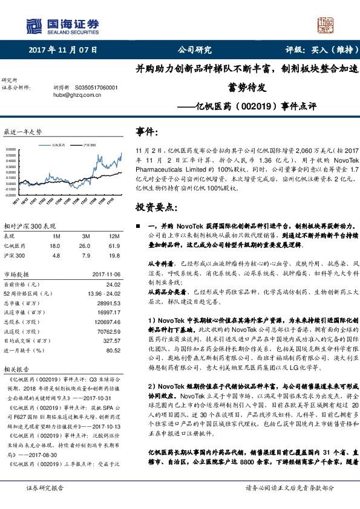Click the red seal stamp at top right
pyautogui.click(x=326, y=27)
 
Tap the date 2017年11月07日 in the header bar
pyautogui.click(x=63, y=51)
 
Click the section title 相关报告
pyautogui.click(x=15, y=369)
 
